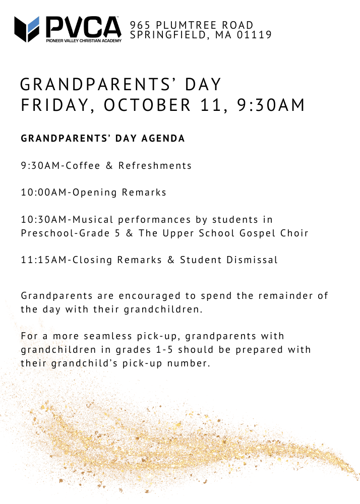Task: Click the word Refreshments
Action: (x=155, y=165)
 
